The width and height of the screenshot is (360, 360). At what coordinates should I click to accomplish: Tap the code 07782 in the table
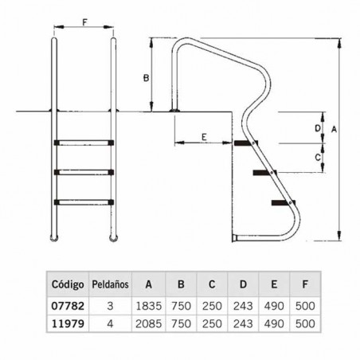[x=68, y=306]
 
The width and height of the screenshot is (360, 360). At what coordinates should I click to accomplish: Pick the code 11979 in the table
[x=68, y=325]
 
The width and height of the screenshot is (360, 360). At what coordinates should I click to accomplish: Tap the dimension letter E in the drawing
[x=204, y=137]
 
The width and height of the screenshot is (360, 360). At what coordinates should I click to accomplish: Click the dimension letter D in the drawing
[x=318, y=127]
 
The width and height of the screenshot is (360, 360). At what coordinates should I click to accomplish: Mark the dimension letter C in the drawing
[x=318, y=158]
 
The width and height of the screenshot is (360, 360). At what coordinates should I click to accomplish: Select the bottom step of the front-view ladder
[x=84, y=200]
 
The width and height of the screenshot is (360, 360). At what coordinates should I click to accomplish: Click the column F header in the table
[x=304, y=284]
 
